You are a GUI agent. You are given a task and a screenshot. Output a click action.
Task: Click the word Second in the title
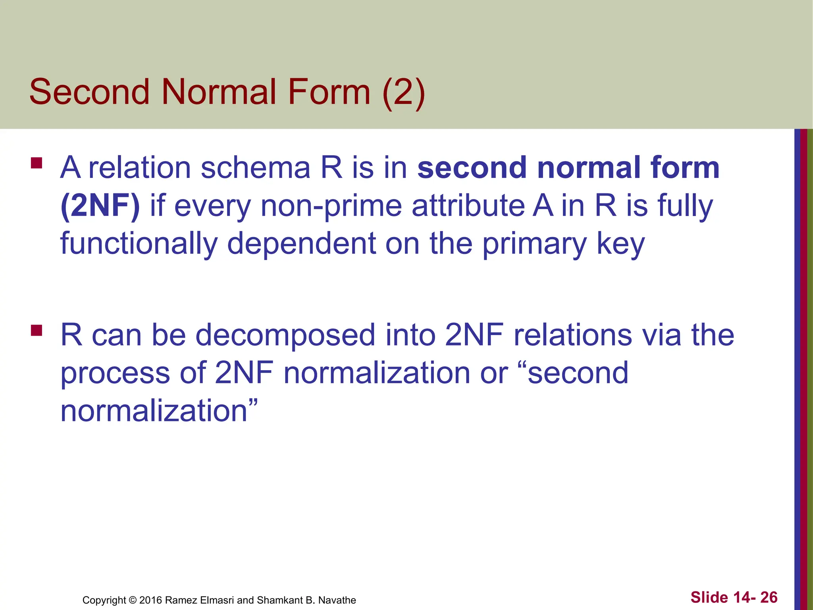(x=89, y=92)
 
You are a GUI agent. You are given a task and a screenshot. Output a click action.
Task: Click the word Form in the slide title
(x=329, y=92)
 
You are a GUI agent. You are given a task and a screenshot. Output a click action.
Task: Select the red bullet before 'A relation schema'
(x=37, y=163)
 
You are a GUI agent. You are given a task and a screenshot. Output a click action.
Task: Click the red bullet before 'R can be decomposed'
(x=37, y=330)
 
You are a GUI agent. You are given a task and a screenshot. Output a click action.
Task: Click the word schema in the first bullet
(x=255, y=168)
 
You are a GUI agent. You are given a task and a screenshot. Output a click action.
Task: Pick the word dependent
(x=301, y=243)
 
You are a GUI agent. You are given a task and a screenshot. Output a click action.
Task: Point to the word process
(x=115, y=373)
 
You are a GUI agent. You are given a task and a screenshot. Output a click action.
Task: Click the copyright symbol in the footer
(x=133, y=600)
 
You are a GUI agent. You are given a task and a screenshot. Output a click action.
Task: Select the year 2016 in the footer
(x=150, y=600)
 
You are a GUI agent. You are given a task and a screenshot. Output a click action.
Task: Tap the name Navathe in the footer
(x=337, y=600)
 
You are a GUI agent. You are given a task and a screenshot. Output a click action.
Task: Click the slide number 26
(x=769, y=597)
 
